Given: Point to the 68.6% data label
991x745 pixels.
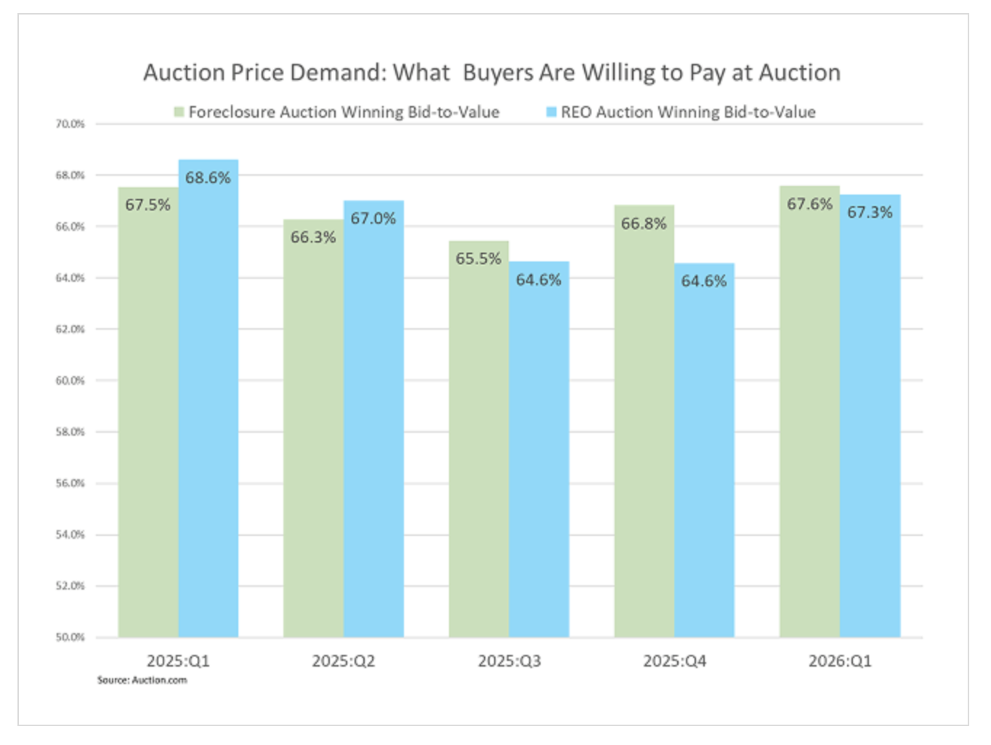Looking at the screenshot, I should [x=208, y=178].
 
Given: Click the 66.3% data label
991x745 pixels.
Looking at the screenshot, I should [x=313, y=237].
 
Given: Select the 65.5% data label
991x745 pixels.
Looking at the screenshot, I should [x=479, y=258].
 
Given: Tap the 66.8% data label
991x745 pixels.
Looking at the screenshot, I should [x=644, y=224].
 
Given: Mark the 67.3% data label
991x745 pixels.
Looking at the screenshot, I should [x=870, y=212].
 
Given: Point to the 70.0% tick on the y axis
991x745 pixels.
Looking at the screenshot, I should [x=70, y=124].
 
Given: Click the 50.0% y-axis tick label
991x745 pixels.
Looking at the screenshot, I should [x=70, y=637].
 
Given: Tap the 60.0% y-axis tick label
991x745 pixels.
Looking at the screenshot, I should [x=70, y=380].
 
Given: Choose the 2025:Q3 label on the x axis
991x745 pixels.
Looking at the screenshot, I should [x=509, y=661].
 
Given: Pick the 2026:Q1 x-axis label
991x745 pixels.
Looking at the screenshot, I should [x=840, y=661].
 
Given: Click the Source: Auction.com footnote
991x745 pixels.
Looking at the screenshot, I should [x=142, y=680].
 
